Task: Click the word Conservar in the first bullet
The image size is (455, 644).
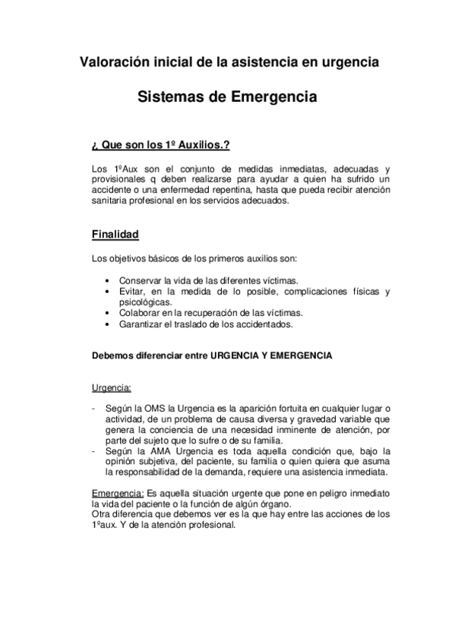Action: click(141, 280)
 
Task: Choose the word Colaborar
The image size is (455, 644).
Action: click(140, 313)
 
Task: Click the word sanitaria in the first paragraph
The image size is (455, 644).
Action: click(109, 201)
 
